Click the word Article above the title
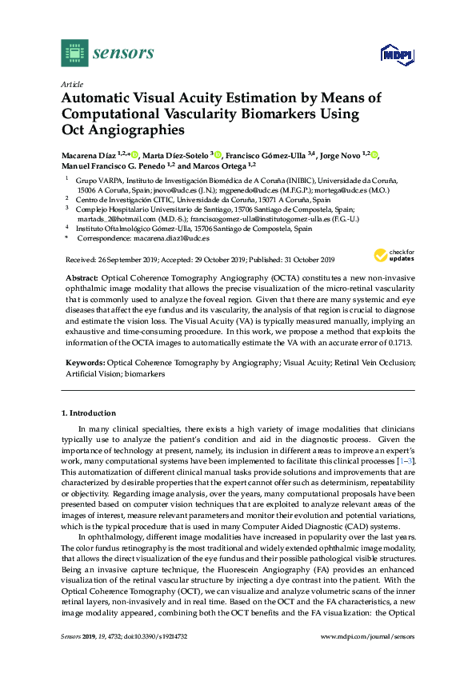pyautogui.click(x=73, y=83)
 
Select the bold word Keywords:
pyautogui.click(x=84, y=362)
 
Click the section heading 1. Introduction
pyautogui.click(x=89, y=413)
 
